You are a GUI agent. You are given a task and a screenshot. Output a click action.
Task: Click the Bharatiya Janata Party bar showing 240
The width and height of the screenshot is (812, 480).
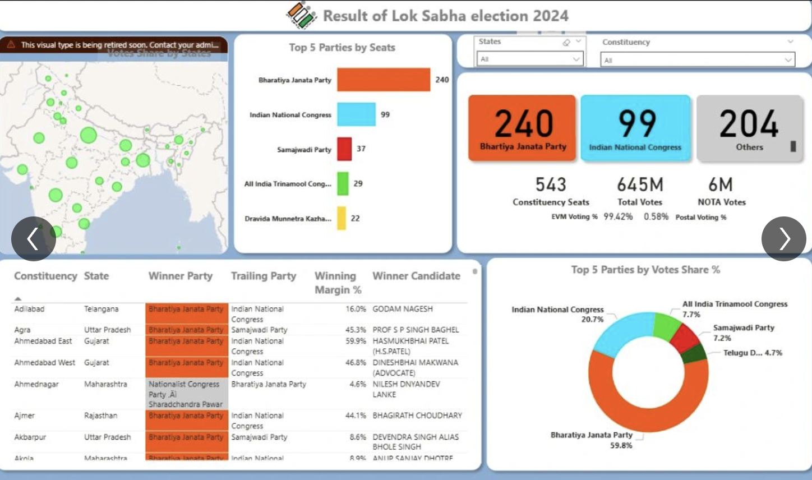click(x=384, y=80)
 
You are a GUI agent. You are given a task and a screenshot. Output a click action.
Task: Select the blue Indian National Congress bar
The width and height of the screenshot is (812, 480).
click(x=356, y=114)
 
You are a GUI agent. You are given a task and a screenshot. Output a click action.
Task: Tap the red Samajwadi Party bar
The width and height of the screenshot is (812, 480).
click(x=344, y=149)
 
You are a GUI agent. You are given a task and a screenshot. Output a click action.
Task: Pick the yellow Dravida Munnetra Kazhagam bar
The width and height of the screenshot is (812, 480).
click(x=342, y=218)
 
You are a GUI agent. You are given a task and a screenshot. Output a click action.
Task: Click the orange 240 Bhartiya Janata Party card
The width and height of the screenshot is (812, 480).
click(x=522, y=128)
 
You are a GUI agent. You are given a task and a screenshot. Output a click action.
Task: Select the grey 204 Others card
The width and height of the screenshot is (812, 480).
click(x=749, y=128)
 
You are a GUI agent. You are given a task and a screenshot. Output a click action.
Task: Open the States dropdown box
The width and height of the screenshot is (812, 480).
click(x=529, y=59)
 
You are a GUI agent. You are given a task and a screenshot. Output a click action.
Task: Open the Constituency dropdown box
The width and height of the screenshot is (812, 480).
click(x=697, y=60)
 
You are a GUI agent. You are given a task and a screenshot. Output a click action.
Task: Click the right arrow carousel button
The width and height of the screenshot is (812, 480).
click(x=783, y=239)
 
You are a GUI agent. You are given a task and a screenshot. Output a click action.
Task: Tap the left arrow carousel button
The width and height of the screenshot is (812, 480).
click(x=34, y=239)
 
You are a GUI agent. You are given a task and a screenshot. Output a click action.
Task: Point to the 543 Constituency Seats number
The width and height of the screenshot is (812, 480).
click(x=551, y=184)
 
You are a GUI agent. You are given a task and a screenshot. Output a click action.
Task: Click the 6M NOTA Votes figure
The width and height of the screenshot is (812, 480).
click(x=721, y=184)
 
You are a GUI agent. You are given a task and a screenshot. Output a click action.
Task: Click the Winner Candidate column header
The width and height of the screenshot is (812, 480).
click(x=416, y=276)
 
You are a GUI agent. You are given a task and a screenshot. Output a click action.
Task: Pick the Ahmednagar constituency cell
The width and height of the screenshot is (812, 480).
click(x=36, y=384)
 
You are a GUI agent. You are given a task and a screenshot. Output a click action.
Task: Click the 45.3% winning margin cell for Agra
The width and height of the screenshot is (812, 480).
click(x=356, y=330)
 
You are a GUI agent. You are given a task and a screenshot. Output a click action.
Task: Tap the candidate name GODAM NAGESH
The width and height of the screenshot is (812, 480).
click(x=403, y=309)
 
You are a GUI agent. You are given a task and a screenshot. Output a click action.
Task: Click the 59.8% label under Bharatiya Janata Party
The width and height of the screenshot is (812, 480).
click(x=621, y=445)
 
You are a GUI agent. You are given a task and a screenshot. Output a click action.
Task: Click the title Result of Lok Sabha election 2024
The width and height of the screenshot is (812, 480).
click(x=445, y=16)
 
